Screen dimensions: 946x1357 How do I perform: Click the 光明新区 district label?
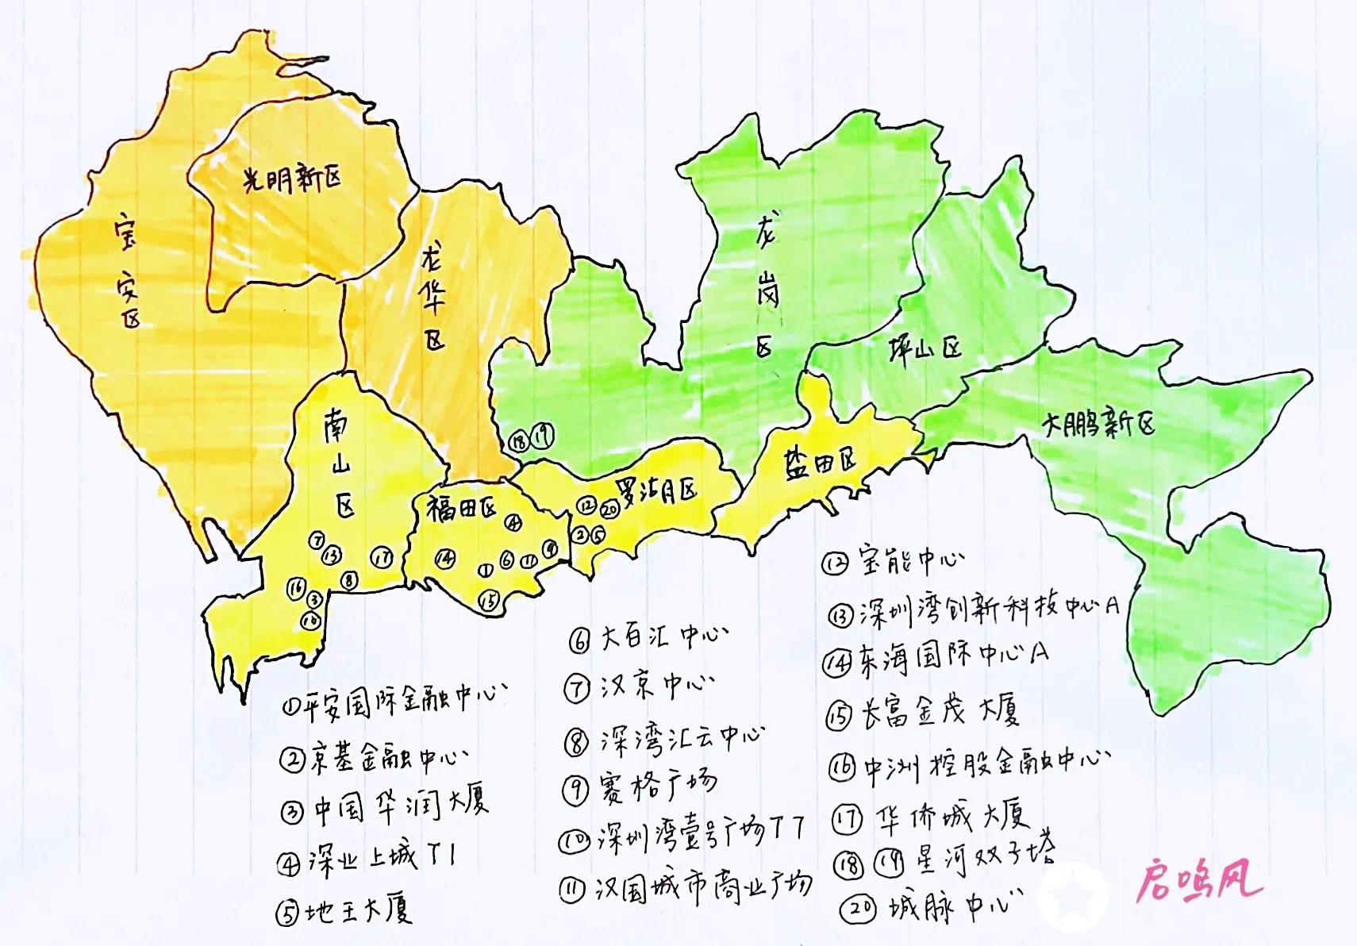click(x=292, y=179)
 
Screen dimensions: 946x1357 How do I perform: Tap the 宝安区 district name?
click(x=128, y=270)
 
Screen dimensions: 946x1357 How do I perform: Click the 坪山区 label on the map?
click(x=925, y=349)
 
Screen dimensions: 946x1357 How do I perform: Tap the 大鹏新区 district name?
click(x=1099, y=425)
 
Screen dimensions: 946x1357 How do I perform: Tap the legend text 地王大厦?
click(x=358, y=911)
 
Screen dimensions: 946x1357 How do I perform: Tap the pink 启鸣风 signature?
click(x=1198, y=882)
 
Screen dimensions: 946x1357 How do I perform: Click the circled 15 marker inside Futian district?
click(x=489, y=601)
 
